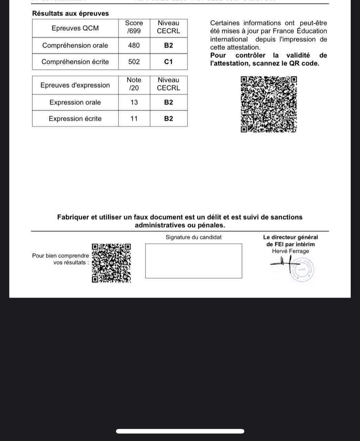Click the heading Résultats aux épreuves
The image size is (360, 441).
coord(70,13)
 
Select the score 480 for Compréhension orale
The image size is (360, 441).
coord(134,45)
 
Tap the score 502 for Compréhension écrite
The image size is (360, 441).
coord(134,62)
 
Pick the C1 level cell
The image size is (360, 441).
coord(169,62)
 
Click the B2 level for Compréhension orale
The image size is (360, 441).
coord(169,45)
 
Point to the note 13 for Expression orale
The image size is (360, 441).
coord(134,102)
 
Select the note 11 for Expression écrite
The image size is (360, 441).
coord(134,119)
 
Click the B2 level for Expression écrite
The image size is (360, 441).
coord(169,119)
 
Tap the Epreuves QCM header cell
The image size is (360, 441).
coord(75,28)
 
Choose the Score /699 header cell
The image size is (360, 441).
coord(134,27)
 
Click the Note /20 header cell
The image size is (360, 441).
coord(134,84)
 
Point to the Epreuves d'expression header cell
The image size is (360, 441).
coord(75,85)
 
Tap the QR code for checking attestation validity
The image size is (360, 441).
coord(268,104)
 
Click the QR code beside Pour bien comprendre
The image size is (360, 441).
coord(111,263)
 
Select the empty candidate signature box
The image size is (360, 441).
coord(193,261)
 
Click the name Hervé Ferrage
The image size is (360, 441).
coord(290,251)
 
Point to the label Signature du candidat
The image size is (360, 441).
coord(193,237)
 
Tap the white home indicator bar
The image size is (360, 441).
coord(180,431)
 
